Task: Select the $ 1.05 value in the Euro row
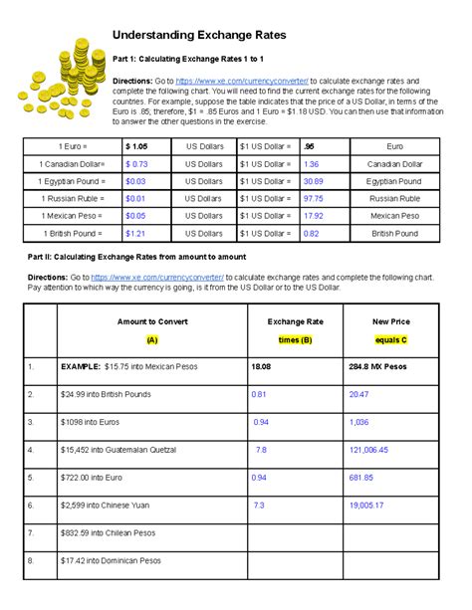pyautogui.click(x=136, y=146)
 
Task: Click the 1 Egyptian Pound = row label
pyautogui.click(x=71, y=181)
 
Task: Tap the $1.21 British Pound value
pyautogui.click(x=135, y=233)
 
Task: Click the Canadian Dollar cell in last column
pyautogui.click(x=395, y=164)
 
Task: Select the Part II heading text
pyautogui.click(x=149, y=258)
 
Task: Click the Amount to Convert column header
pyautogui.click(x=151, y=321)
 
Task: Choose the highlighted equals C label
pyautogui.click(x=391, y=339)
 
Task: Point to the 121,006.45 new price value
pyautogui.click(x=369, y=450)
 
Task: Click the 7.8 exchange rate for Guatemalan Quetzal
pyautogui.click(x=261, y=450)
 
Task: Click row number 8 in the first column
pyautogui.click(x=32, y=560)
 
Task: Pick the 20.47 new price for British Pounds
pyautogui.click(x=358, y=395)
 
